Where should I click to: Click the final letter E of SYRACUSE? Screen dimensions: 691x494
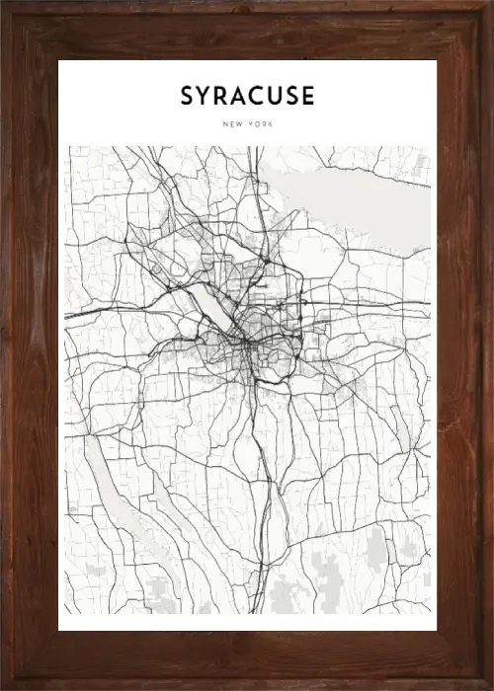pos(309,96)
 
